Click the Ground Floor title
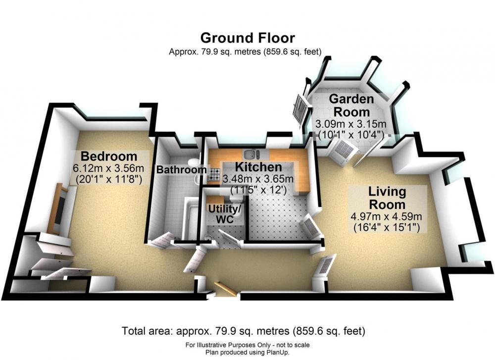(247, 38)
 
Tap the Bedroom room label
(109, 156)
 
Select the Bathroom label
(182, 169)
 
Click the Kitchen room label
(258, 167)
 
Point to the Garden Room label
(351, 105)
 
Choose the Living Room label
(387, 198)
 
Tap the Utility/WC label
(224, 214)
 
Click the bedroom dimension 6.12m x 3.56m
(108, 168)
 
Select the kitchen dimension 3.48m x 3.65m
(258, 179)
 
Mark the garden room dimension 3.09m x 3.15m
(351, 123)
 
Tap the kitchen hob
(214, 174)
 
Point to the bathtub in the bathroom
(190, 218)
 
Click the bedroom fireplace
(60, 208)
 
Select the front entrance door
(225, 288)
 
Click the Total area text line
(244, 331)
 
